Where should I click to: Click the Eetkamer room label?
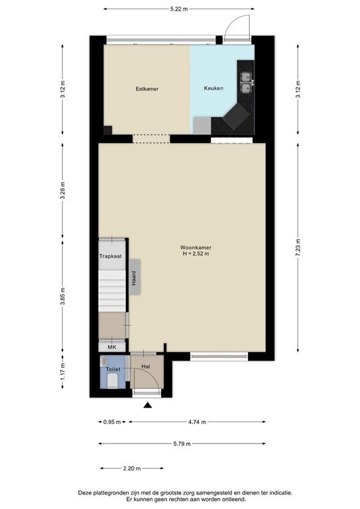tap(147, 89)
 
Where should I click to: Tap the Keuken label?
tap(213, 88)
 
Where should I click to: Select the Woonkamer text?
tap(196, 248)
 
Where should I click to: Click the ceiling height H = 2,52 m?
tap(196, 254)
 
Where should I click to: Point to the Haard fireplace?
tap(135, 277)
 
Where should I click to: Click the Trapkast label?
tap(110, 256)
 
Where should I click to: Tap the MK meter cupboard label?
tap(111, 347)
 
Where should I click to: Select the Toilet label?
tap(113, 369)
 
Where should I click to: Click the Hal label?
tap(146, 367)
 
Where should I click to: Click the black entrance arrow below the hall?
tap(148, 405)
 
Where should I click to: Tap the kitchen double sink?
tap(246, 82)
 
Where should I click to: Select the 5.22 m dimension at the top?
tap(179, 9)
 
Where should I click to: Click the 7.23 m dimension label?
tap(298, 248)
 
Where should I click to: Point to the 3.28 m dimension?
tap(63, 191)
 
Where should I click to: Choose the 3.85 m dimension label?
tap(63, 296)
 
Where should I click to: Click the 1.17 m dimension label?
tap(63, 371)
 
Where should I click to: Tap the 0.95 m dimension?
tap(112, 422)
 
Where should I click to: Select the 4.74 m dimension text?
tap(197, 422)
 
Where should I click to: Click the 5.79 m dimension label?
tap(182, 444)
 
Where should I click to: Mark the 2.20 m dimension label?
tap(132, 469)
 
